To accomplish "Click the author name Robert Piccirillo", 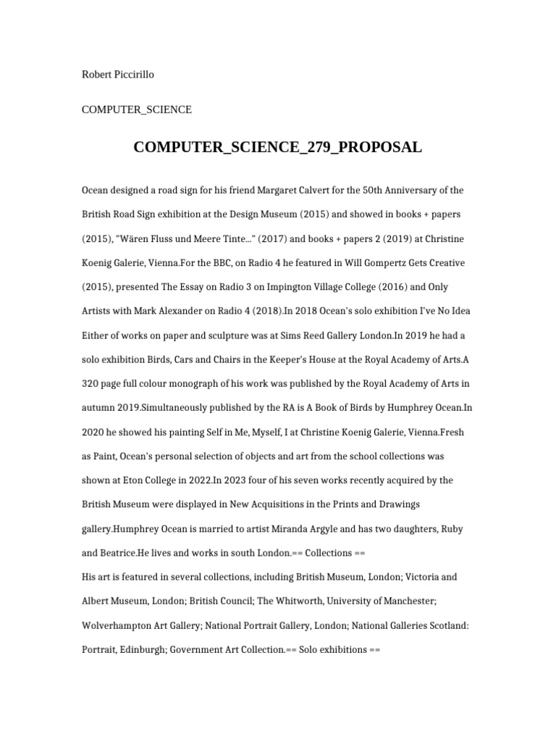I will pyautogui.click(x=117, y=75).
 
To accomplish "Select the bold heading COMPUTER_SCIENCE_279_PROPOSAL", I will pyautogui.click(x=277, y=147).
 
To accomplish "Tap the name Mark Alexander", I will pyautogui.click(x=159, y=312).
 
